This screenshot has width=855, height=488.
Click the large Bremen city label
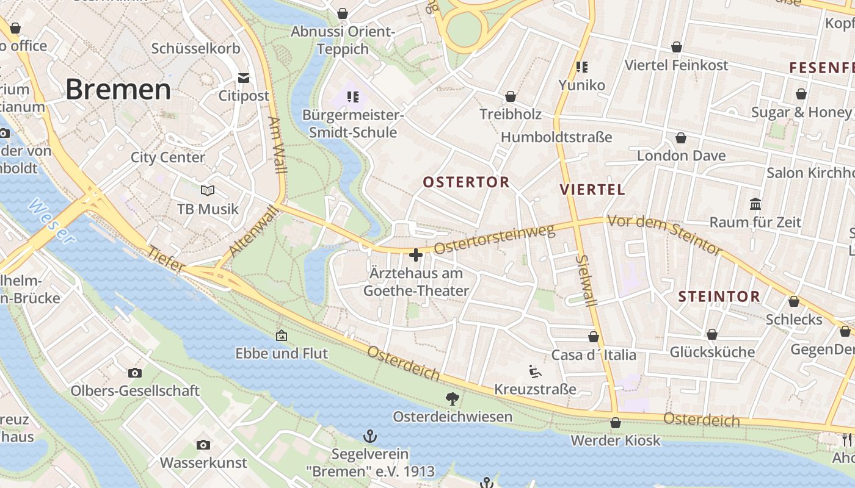(118, 89)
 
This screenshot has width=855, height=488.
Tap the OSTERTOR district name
(466, 182)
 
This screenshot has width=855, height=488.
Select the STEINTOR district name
(719, 297)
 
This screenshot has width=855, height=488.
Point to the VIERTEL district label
(592, 189)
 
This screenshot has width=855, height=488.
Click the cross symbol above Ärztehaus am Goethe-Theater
(416, 255)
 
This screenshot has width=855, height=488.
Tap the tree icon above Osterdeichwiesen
(453, 399)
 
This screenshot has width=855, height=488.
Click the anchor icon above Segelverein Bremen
(369, 436)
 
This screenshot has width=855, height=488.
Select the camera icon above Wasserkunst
(203, 445)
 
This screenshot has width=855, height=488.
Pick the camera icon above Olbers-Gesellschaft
(135, 373)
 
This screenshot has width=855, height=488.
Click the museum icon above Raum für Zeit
(755, 204)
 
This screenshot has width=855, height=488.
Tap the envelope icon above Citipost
(244, 77)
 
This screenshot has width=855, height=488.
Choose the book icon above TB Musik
(208, 190)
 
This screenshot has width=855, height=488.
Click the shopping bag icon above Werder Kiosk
(616, 423)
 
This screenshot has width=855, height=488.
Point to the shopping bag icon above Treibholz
(511, 96)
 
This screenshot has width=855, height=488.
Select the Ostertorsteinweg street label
(494, 239)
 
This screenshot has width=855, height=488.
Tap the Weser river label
(51, 221)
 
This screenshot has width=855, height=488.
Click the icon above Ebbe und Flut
(282, 335)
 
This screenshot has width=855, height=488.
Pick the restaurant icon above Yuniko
(581, 66)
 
